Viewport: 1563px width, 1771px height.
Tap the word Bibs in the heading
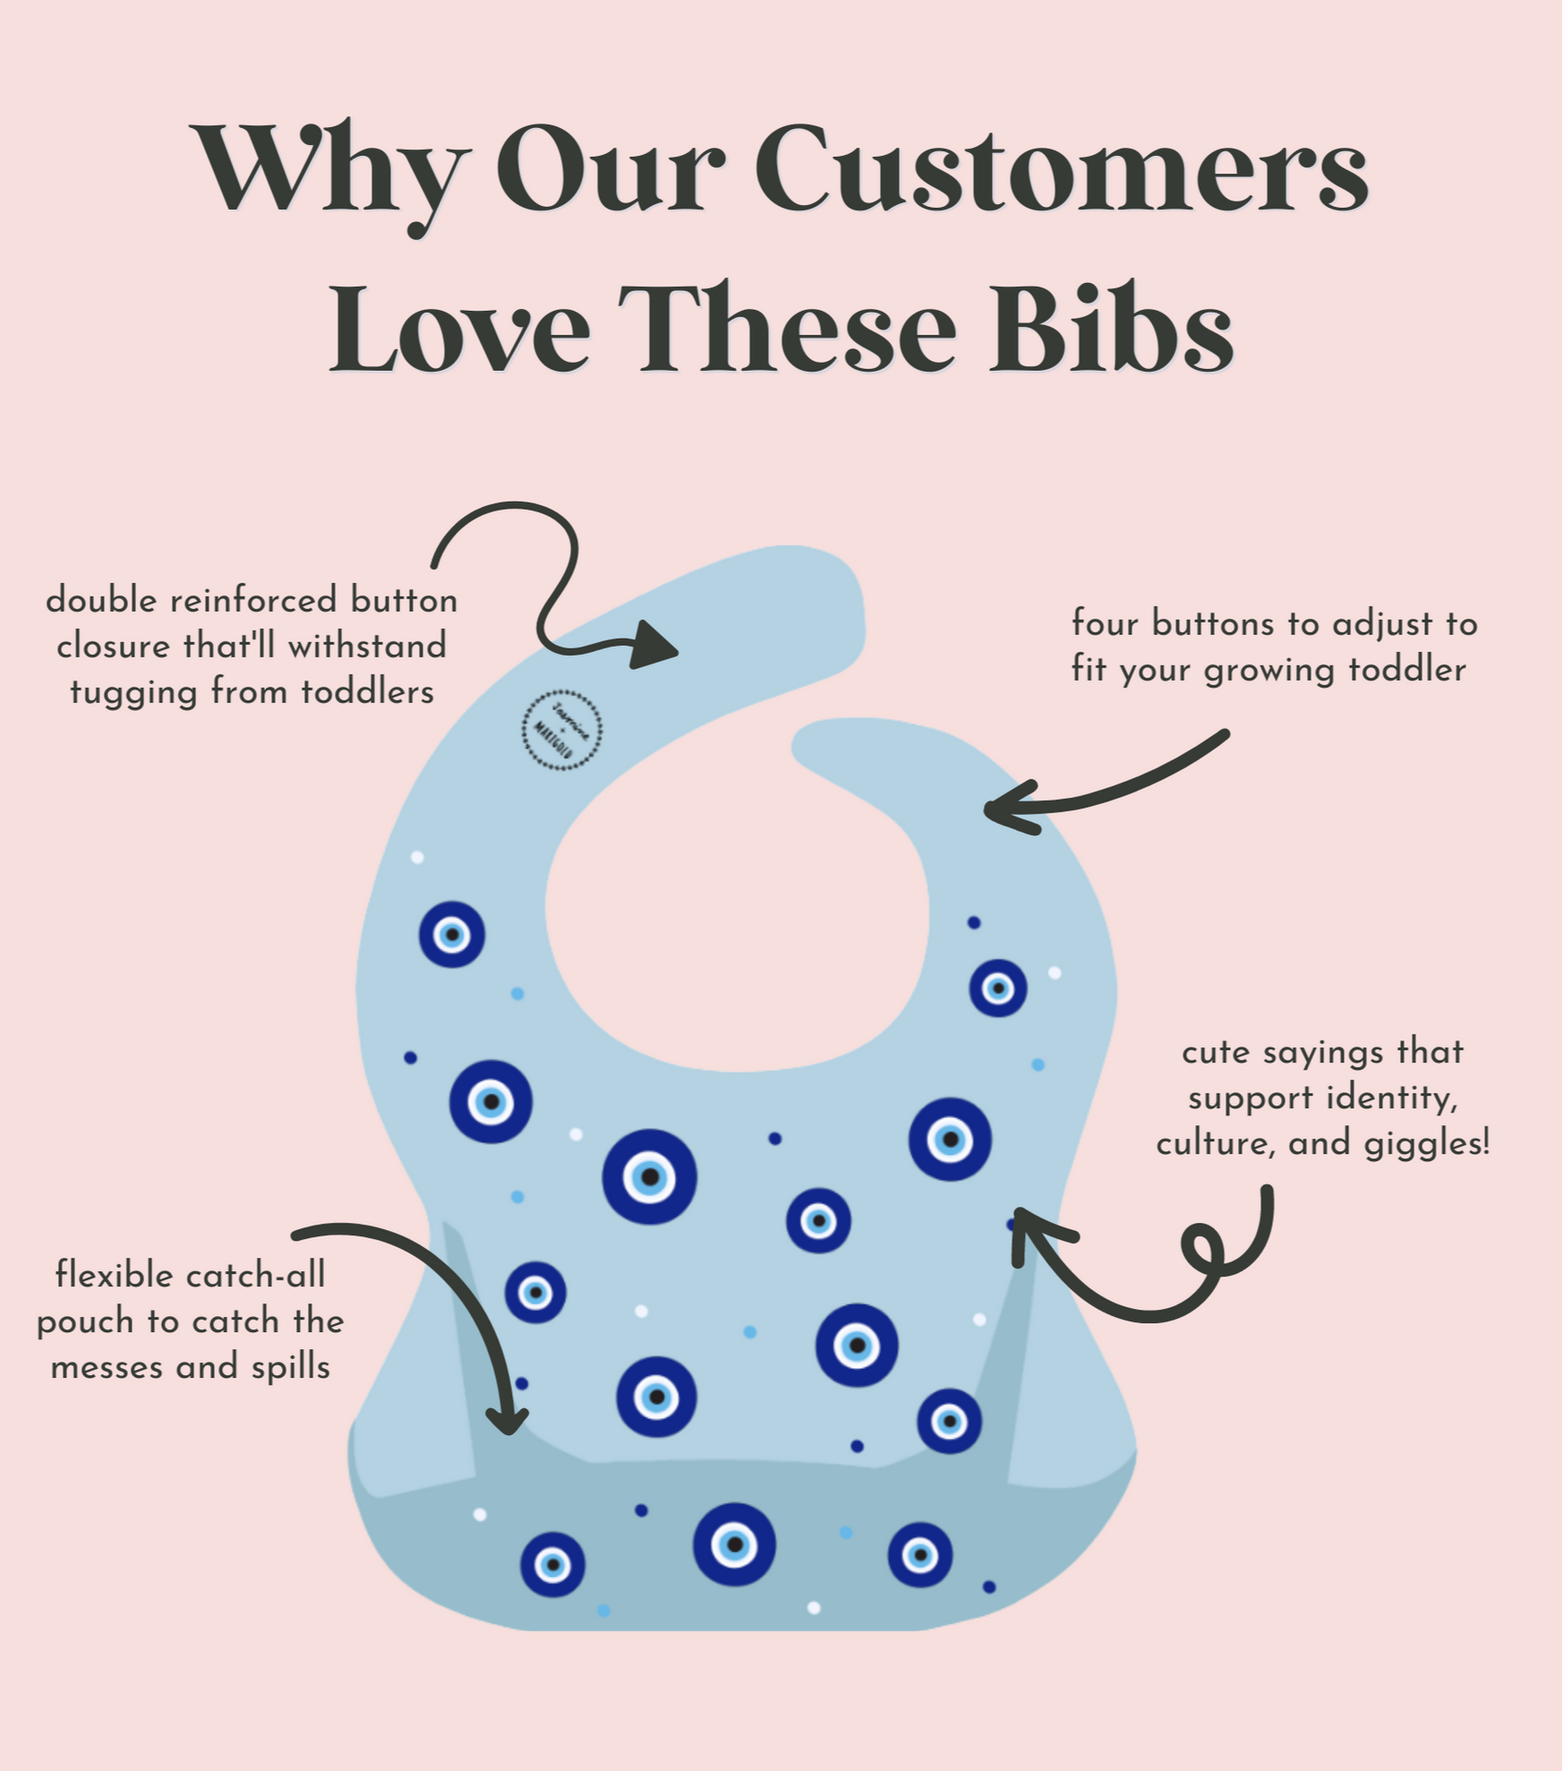click(1111, 329)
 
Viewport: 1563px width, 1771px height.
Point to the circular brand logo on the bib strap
click(562, 730)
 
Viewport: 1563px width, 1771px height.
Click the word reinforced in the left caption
click(253, 600)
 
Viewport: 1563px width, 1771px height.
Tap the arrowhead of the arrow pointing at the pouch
click(509, 1420)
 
